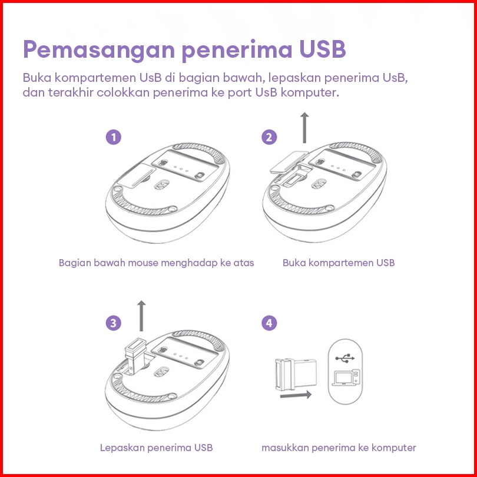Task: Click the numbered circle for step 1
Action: (x=114, y=137)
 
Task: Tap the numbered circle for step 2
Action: (x=269, y=137)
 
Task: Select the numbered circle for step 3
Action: (x=114, y=323)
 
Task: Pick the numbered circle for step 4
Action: (x=269, y=323)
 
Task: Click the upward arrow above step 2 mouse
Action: (x=304, y=128)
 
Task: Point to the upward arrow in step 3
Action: (x=141, y=316)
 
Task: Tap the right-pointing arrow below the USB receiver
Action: (x=296, y=395)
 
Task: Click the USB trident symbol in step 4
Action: (x=345, y=359)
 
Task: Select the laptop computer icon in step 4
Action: (x=346, y=378)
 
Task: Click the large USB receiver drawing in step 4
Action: (x=296, y=374)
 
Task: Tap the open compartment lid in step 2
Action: (x=289, y=162)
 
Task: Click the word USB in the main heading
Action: (x=323, y=49)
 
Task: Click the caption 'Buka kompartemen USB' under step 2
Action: (x=339, y=263)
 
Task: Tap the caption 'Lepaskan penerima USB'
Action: (x=157, y=448)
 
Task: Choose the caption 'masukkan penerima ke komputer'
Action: (x=339, y=448)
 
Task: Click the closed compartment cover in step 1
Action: (x=135, y=176)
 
